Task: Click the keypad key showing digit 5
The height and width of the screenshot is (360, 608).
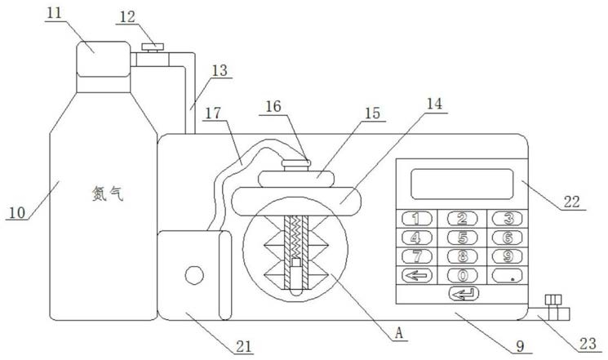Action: coord(462,238)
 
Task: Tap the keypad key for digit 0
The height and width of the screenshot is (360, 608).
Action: coord(462,275)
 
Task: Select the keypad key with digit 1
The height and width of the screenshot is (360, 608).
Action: coord(417,219)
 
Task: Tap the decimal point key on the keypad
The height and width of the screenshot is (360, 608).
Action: coord(507,275)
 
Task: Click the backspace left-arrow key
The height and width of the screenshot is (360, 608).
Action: coord(417,275)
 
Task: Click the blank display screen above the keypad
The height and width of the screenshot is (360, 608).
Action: coord(462,184)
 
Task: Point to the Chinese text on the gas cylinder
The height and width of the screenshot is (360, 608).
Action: coord(108,193)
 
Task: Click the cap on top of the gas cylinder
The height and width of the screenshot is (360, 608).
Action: coord(104,59)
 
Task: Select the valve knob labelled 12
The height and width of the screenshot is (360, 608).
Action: coord(153,47)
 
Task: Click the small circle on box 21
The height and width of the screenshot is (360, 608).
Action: coord(194,275)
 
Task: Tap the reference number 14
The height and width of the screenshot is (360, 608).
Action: coord(434,104)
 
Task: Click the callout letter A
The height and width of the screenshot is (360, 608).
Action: coord(399,333)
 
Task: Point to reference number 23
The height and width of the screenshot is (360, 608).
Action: coord(587,344)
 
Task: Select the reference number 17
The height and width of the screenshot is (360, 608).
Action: coord(213,113)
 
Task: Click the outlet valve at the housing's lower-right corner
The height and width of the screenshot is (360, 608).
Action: coord(553,308)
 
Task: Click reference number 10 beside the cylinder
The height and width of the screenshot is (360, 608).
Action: coord(16,212)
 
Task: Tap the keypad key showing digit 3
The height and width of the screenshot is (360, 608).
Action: coord(507,219)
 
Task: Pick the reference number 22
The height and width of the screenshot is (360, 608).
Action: coord(571,202)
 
